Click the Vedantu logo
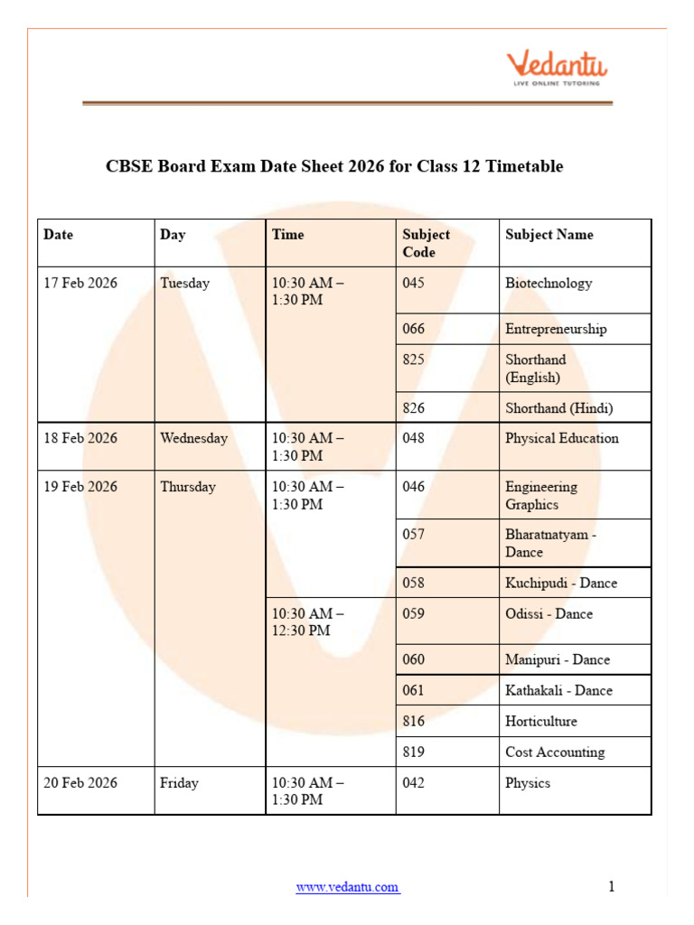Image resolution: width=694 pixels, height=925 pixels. pyautogui.click(x=556, y=69)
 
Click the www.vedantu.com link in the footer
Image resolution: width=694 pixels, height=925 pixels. pyautogui.click(x=348, y=887)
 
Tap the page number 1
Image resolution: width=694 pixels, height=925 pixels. pyautogui.click(x=612, y=886)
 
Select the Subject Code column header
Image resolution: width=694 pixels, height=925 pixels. pyautogui.click(x=426, y=243)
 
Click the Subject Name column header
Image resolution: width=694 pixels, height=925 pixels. pyautogui.click(x=549, y=235)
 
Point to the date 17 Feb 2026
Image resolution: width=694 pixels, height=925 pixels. pyautogui.click(x=81, y=283)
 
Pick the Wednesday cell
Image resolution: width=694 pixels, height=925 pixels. pyautogui.click(x=194, y=438)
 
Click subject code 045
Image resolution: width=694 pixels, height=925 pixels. pyautogui.click(x=413, y=283)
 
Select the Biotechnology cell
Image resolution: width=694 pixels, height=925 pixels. pyautogui.click(x=549, y=283)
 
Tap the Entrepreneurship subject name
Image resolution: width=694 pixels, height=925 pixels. pyautogui.click(x=556, y=329)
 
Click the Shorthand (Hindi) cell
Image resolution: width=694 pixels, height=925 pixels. pyautogui.click(x=558, y=407)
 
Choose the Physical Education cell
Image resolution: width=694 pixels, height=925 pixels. pyautogui.click(x=562, y=438)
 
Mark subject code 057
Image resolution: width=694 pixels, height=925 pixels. pyautogui.click(x=413, y=534)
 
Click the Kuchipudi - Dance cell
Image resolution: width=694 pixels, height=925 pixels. pyautogui.click(x=561, y=583)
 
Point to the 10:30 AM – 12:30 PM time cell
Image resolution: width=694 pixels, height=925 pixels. pyautogui.click(x=308, y=621)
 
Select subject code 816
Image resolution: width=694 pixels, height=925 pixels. pyautogui.click(x=413, y=721)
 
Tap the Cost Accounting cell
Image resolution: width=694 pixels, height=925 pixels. pyautogui.click(x=555, y=752)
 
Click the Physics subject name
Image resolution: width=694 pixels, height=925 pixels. pyautogui.click(x=528, y=782)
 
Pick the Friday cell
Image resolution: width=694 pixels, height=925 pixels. pyautogui.click(x=179, y=782)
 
